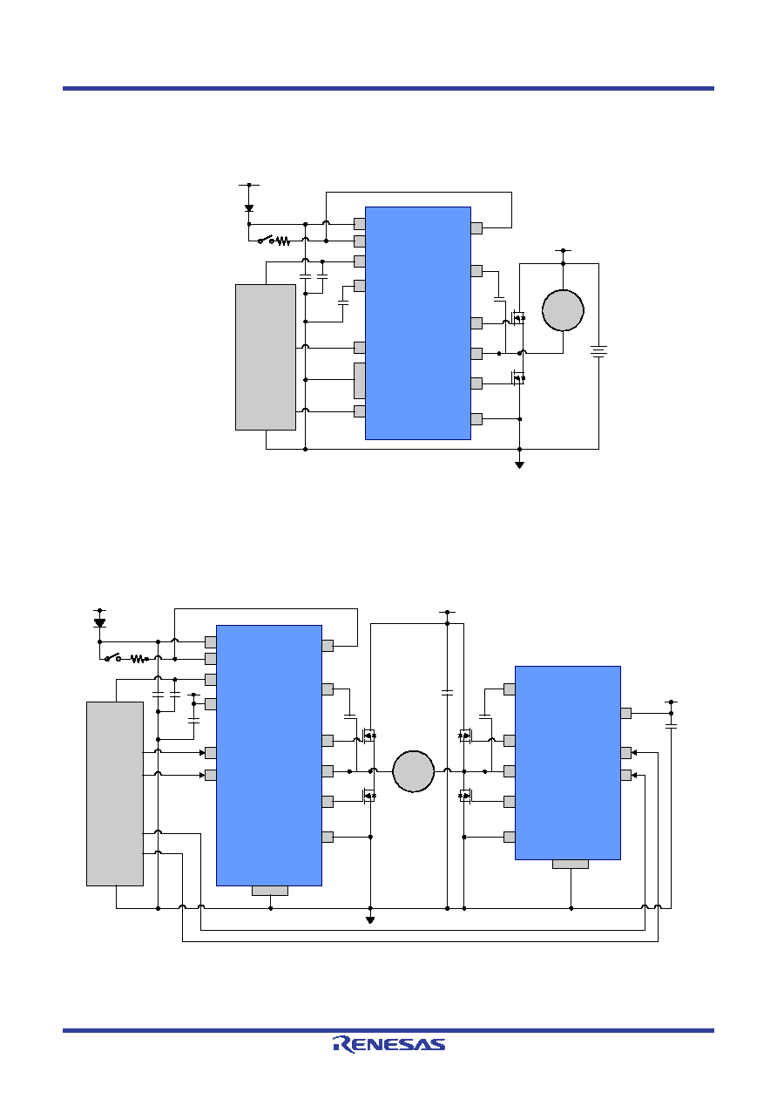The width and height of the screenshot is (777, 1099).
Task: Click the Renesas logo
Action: pos(388,1045)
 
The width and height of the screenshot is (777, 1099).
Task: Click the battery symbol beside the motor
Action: pos(598,351)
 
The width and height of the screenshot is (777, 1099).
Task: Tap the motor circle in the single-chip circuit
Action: pos(563,310)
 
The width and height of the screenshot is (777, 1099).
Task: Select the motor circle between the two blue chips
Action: pos(413,771)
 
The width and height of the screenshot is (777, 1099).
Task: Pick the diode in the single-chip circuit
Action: pos(249,208)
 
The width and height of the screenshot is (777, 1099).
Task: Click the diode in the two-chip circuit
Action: pos(99,622)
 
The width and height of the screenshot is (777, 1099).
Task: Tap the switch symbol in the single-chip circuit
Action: pos(267,240)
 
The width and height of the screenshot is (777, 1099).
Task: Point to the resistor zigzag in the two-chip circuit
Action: pos(139,659)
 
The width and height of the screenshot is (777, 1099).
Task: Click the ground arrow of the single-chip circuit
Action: pos(520,465)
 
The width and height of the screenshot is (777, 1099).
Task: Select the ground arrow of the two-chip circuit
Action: pos(370,920)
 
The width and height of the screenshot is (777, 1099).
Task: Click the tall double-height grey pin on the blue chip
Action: pos(360,381)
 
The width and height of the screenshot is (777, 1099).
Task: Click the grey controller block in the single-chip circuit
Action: pos(265,357)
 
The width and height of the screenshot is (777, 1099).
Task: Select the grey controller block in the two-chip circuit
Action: pos(115,793)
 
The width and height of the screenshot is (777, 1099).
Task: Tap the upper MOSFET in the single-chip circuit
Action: pos(517,318)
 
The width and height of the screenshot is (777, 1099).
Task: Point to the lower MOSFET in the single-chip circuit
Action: pos(517,377)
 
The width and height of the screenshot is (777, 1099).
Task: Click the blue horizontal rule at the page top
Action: pos(388,88)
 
